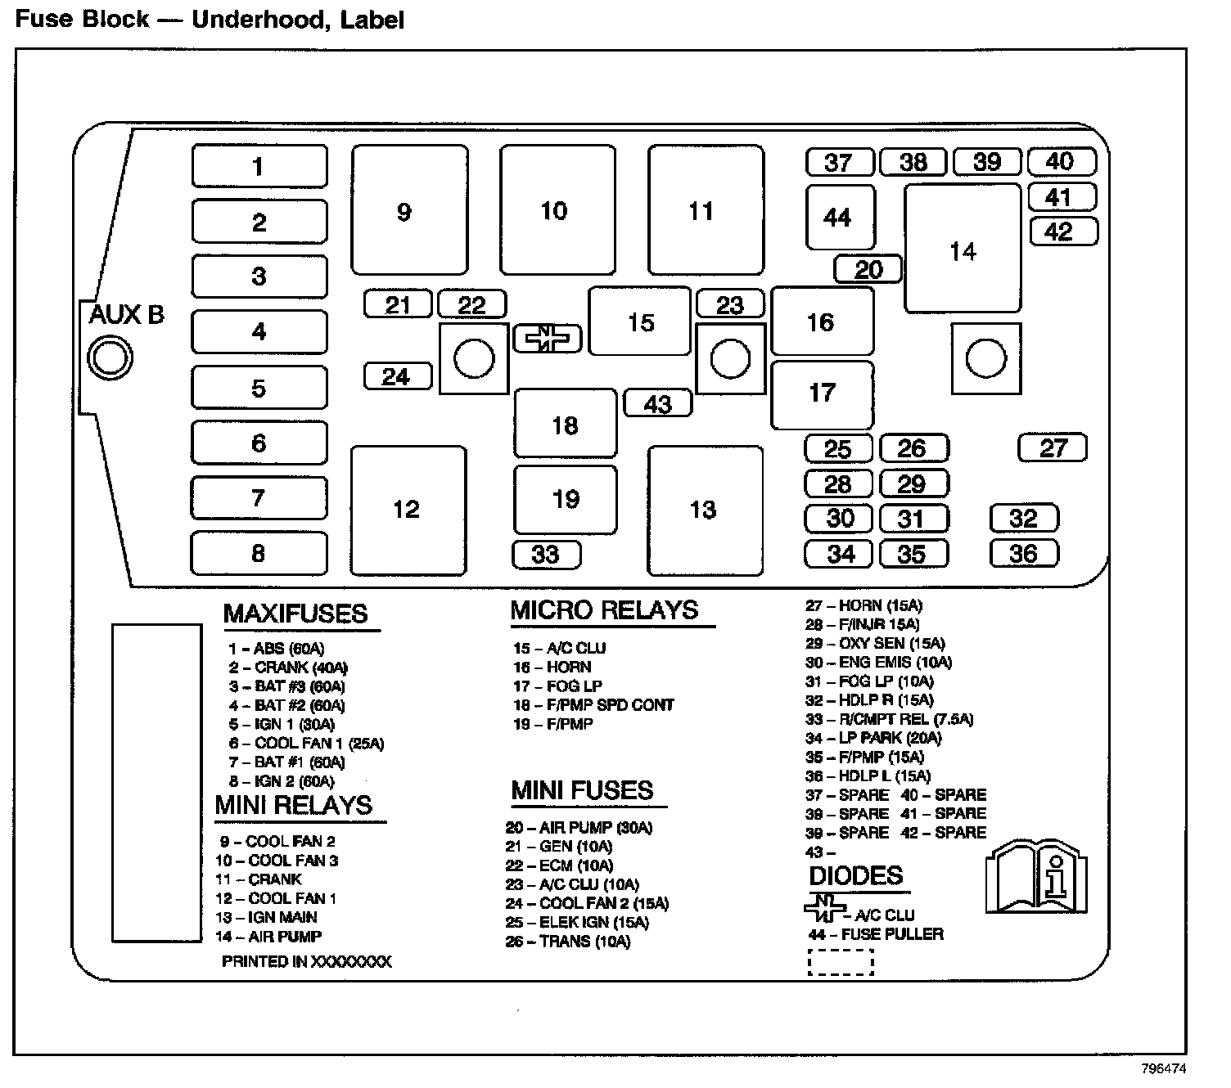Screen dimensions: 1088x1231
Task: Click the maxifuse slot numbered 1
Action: pyautogui.click(x=259, y=166)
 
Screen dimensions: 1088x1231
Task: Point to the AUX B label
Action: pyautogui.click(x=126, y=314)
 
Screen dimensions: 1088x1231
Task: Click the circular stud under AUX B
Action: pyautogui.click(x=110, y=357)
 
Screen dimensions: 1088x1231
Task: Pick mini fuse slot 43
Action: pyautogui.click(x=657, y=403)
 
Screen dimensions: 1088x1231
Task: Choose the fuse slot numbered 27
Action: pyautogui.click(x=1053, y=447)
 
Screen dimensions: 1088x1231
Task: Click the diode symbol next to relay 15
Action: pyautogui.click(x=547, y=338)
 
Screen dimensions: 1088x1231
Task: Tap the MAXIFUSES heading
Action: pyautogui.click(x=295, y=614)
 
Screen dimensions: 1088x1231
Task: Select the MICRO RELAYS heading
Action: pyautogui.click(x=604, y=610)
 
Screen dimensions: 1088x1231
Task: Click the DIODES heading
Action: pyautogui.click(x=855, y=876)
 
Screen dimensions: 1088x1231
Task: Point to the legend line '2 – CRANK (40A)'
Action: pyautogui.click(x=288, y=668)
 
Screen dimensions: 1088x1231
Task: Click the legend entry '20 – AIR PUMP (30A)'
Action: pyautogui.click(x=579, y=828)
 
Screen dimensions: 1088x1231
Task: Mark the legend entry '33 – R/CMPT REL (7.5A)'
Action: pyautogui.click(x=889, y=720)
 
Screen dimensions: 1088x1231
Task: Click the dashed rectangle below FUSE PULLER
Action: pyautogui.click(x=841, y=963)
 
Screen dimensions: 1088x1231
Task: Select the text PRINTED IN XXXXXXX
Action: pyautogui.click(x=306, y=962)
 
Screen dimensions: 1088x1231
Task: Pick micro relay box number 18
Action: pyautogui.click(x=565, y=424)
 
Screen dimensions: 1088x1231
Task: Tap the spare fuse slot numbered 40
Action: pyautogui.click(x=1061, y=161)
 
